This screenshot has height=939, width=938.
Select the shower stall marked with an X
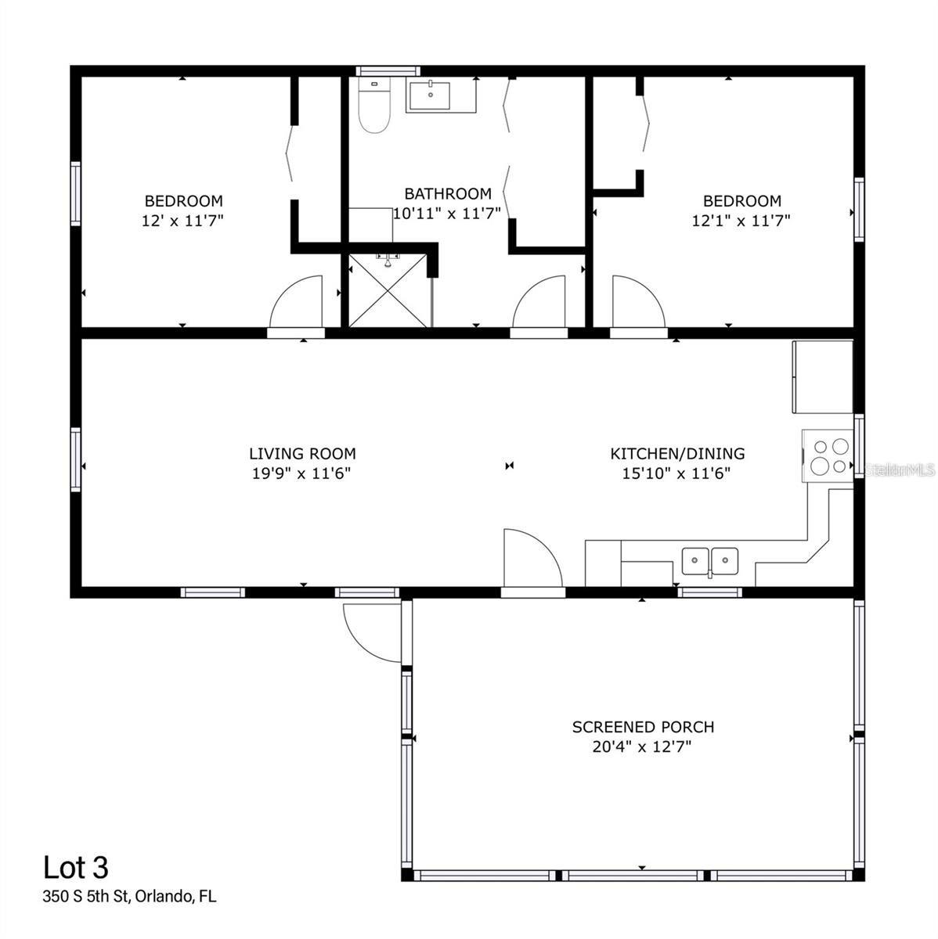point(388,290)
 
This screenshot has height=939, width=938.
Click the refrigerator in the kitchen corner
point(822,376)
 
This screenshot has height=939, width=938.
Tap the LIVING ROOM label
point(302,453)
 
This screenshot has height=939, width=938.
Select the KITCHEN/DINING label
point(677,453)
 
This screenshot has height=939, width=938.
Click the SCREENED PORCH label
point(643,727)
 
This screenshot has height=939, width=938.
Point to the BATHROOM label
point(448,193)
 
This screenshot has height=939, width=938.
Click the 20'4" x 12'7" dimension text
point(643,747)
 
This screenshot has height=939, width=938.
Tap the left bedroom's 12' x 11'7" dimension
point(183,221)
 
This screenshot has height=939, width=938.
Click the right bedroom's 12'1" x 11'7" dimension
point(741,221)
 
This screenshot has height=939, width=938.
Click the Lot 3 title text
point(75,867)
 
